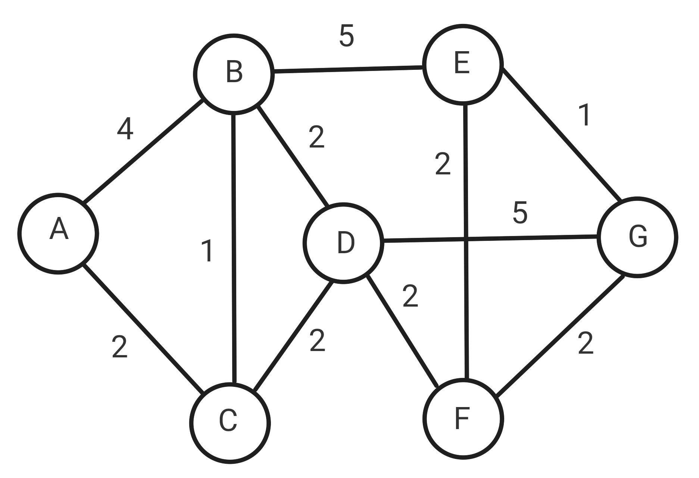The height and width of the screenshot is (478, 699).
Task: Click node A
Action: click(59, 233)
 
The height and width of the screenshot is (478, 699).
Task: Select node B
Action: click(234, 73)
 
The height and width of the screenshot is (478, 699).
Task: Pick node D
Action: click(344, 243)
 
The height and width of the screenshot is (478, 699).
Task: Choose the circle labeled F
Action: click(463, 419)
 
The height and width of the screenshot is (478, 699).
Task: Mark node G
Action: click(637, 237)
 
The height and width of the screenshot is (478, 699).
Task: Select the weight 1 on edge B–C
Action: click(207, 251)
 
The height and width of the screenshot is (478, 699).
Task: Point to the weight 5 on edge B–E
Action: click(346, 36)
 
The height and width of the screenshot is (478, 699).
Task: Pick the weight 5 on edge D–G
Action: click(520, 213)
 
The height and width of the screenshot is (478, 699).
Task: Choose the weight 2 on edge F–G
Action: click(585, 343)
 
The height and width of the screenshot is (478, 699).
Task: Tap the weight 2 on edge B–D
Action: click(316, 137)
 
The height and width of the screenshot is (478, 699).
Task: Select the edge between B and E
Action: click(348, 69)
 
